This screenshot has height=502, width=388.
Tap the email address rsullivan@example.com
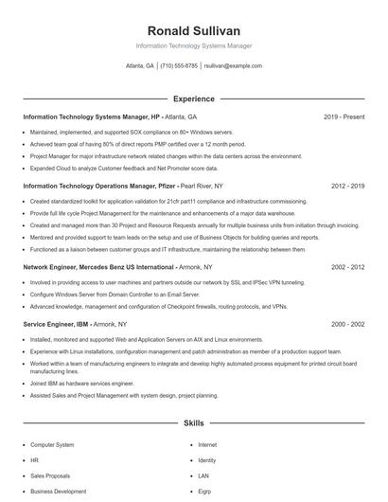coord(232,66)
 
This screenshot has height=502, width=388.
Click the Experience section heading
coord(193,99)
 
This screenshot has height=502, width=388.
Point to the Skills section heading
coord(193,423)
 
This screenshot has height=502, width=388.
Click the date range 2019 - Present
coord(344,117)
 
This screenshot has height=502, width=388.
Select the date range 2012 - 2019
coord(347,187)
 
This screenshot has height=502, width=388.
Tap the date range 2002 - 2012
coord(347,268)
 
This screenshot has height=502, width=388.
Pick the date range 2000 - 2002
coord(347,324)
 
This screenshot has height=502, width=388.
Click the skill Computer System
coord(52,443)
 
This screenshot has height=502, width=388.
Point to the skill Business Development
coord(57,492)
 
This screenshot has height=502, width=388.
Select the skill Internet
coord(207,443)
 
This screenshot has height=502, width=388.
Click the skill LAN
coord(203,475)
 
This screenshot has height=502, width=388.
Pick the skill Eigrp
coord(205,492)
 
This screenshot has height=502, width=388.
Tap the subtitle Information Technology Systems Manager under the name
coord(193,45)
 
